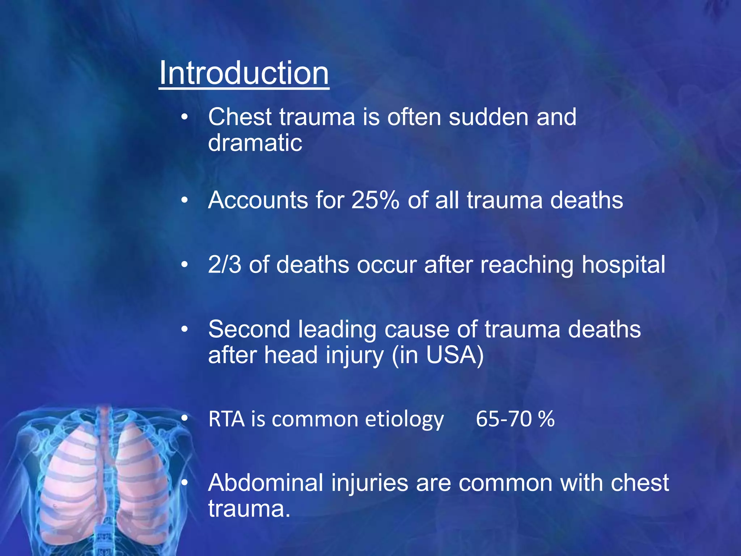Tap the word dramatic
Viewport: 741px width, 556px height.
pos(255,143)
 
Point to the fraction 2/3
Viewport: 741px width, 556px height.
pos(224,264)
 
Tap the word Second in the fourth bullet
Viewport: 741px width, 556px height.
pos(249,329)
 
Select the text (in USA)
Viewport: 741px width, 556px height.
pos(437,355)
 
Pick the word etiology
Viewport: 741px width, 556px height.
pos(404,420)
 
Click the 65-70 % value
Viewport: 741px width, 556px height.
pos(515,419)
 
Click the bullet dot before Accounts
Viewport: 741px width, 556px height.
pos(185,200)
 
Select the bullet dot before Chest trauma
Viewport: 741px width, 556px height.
pos(185,117)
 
